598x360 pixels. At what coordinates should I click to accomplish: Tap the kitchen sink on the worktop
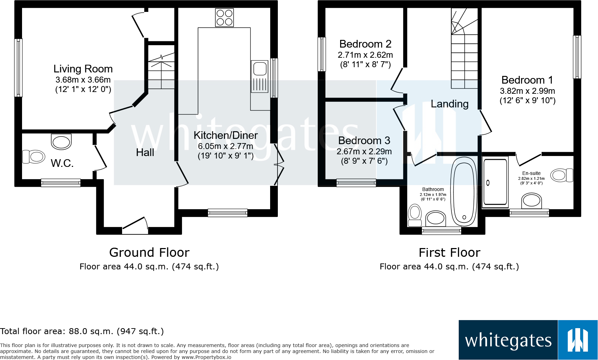260,76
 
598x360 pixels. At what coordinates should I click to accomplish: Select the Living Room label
83,69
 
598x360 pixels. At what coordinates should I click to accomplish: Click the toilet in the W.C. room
34,157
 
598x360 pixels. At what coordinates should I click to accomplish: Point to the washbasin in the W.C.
61,142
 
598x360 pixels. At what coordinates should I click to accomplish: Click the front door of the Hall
135,226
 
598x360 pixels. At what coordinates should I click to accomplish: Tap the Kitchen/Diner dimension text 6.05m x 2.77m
225,146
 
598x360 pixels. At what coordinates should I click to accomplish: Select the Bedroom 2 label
365,44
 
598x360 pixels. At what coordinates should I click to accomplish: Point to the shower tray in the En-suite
495,182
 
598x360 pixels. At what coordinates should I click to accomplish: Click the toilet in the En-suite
561,175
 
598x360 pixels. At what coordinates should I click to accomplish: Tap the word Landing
449,104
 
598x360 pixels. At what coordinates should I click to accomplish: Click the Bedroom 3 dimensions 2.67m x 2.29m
364,151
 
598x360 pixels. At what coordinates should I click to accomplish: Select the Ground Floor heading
149,252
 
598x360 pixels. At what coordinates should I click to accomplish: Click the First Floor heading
449,252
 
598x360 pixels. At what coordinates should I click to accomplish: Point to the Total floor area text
82,331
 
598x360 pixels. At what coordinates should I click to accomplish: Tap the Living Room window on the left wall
18,68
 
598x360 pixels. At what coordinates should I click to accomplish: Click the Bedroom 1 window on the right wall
577,57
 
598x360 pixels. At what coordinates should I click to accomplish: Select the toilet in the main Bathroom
415,215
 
